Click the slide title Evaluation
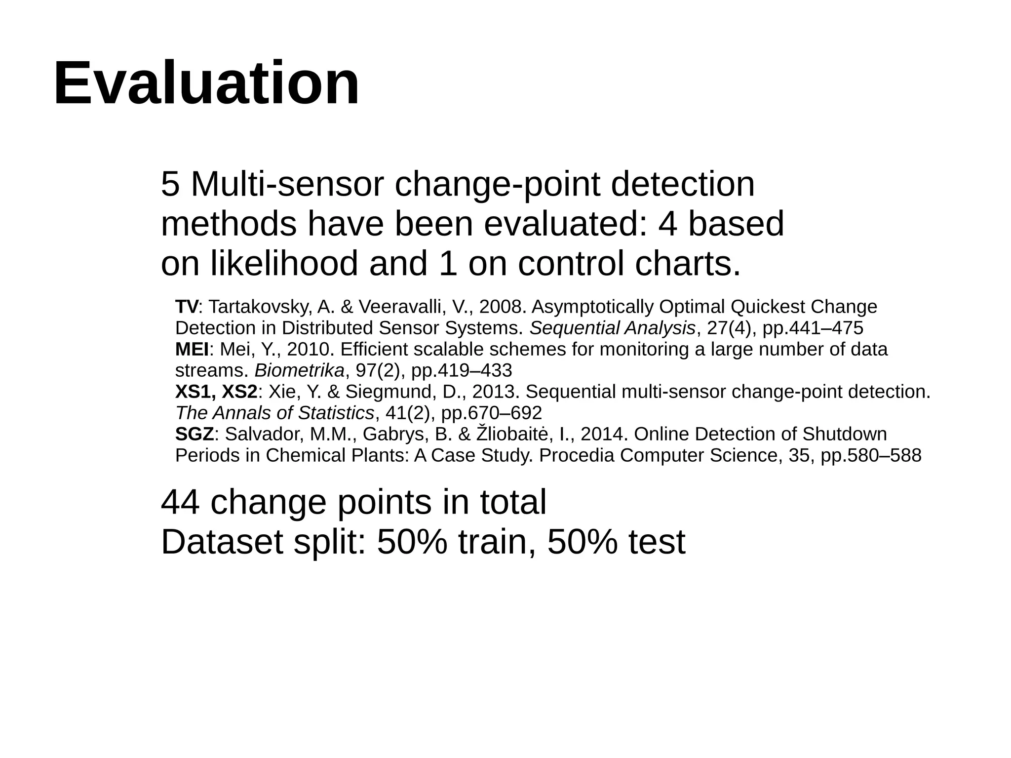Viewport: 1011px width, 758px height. click(x=206, y=83)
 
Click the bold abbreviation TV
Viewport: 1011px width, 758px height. click(x=187, y=307)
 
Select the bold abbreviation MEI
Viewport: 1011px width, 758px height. click(x=192, y=350)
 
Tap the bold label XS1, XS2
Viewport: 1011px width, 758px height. click(x=216, y=392)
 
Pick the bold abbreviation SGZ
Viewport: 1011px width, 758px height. click(x=194, y=435)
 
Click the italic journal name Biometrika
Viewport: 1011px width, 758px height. click(x=299, y=370)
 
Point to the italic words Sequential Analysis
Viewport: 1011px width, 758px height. click(x=612, y=328)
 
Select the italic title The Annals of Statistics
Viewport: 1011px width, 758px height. click(x=274, y=413)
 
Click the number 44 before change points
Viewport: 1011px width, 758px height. click(x=180, y=502)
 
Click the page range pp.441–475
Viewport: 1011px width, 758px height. click(x=813, y=328)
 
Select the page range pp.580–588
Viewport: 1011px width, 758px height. click(x=871, y=455)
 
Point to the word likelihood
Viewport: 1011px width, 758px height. click(x=284, y=263)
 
